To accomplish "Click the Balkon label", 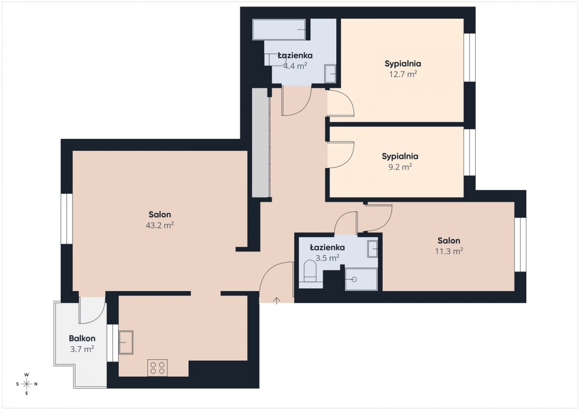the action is click(82, 339).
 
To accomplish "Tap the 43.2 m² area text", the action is click(160, 226).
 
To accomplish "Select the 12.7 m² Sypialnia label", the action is click(403, 64).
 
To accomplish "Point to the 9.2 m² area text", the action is click(400, 167).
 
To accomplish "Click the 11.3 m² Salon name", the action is click(449, 240).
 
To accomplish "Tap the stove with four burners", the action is click(158, 368).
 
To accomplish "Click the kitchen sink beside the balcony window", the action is click(126, 342).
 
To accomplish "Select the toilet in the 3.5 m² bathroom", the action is click(310, 271).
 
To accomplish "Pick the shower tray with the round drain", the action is click(361, 279).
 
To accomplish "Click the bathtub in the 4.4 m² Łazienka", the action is click(279, 29).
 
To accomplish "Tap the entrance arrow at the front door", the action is click(277, 300).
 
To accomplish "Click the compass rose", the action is click(27, 384).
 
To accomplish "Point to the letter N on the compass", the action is click(36, 384).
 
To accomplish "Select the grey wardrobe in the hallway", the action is click(261, 143).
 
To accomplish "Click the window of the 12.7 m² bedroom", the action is click(469, 57).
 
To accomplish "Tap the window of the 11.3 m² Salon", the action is click(521, 245).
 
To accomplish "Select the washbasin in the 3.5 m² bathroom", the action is click(373, 249).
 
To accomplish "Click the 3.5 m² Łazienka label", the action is click(327, 248).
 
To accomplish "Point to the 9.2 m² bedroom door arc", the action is click(347, 162).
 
